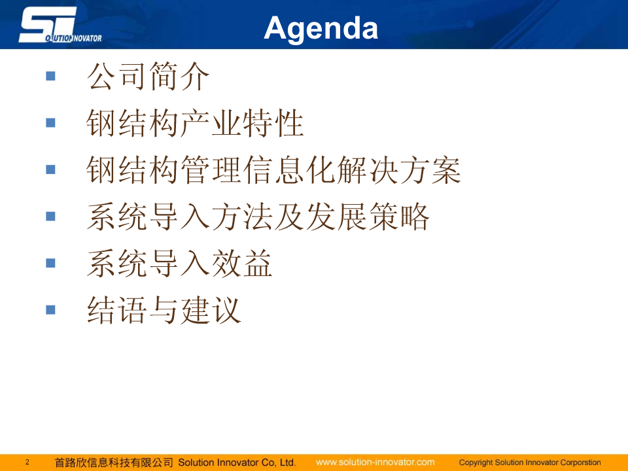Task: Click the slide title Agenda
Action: [321, 29]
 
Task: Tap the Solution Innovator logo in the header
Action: [60, 25]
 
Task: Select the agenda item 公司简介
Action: [148, 76]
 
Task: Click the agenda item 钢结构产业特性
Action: [195, 123]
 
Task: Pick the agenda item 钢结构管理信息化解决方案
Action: [273, 170]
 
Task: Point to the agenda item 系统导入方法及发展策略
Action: [258, 217]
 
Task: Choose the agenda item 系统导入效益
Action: [179, 263]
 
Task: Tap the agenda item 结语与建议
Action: [164, 310]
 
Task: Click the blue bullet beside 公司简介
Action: [50, 76]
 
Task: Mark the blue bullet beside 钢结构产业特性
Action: [50, 122]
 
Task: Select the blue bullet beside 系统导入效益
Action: [50, 263]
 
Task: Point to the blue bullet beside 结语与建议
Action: [50, 309]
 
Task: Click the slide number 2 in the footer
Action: [27, 462]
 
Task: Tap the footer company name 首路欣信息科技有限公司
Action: [114, 462]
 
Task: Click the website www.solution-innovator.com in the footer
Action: [375, 462]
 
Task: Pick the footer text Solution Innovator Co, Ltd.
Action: [237, 462]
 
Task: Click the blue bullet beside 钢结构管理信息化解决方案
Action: [50, 169]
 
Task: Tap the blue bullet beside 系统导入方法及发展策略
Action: [50, 217]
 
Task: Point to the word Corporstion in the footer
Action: [581, 462]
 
